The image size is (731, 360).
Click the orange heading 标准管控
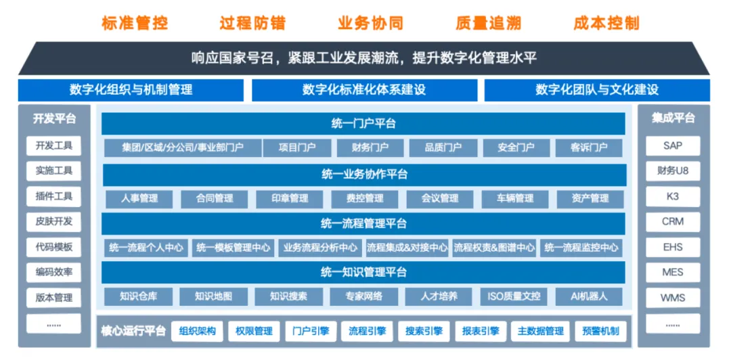point(134,23)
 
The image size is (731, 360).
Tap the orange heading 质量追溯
point(488,23)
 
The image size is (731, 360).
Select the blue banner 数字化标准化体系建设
point(364,90)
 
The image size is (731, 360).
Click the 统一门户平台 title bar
point(363,124)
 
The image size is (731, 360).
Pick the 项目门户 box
point(297,148)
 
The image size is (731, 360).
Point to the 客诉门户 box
point(589,148)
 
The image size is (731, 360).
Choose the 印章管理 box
point(290,199)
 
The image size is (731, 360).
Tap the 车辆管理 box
point(514,199)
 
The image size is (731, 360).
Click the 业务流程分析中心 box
point(320,248)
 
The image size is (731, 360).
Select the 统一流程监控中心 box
point(581,248)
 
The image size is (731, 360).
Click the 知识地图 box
point(213,296)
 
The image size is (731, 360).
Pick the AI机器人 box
point(589,296)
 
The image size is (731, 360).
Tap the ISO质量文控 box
point(514,296)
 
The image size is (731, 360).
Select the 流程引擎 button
point(367,332)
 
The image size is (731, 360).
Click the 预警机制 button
point(600,332)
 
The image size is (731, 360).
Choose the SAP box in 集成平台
point(673,146)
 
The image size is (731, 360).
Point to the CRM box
point(673,221)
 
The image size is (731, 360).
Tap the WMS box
point(673,298)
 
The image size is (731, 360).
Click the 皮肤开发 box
point(53,221)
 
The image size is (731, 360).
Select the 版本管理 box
point(53,298)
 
